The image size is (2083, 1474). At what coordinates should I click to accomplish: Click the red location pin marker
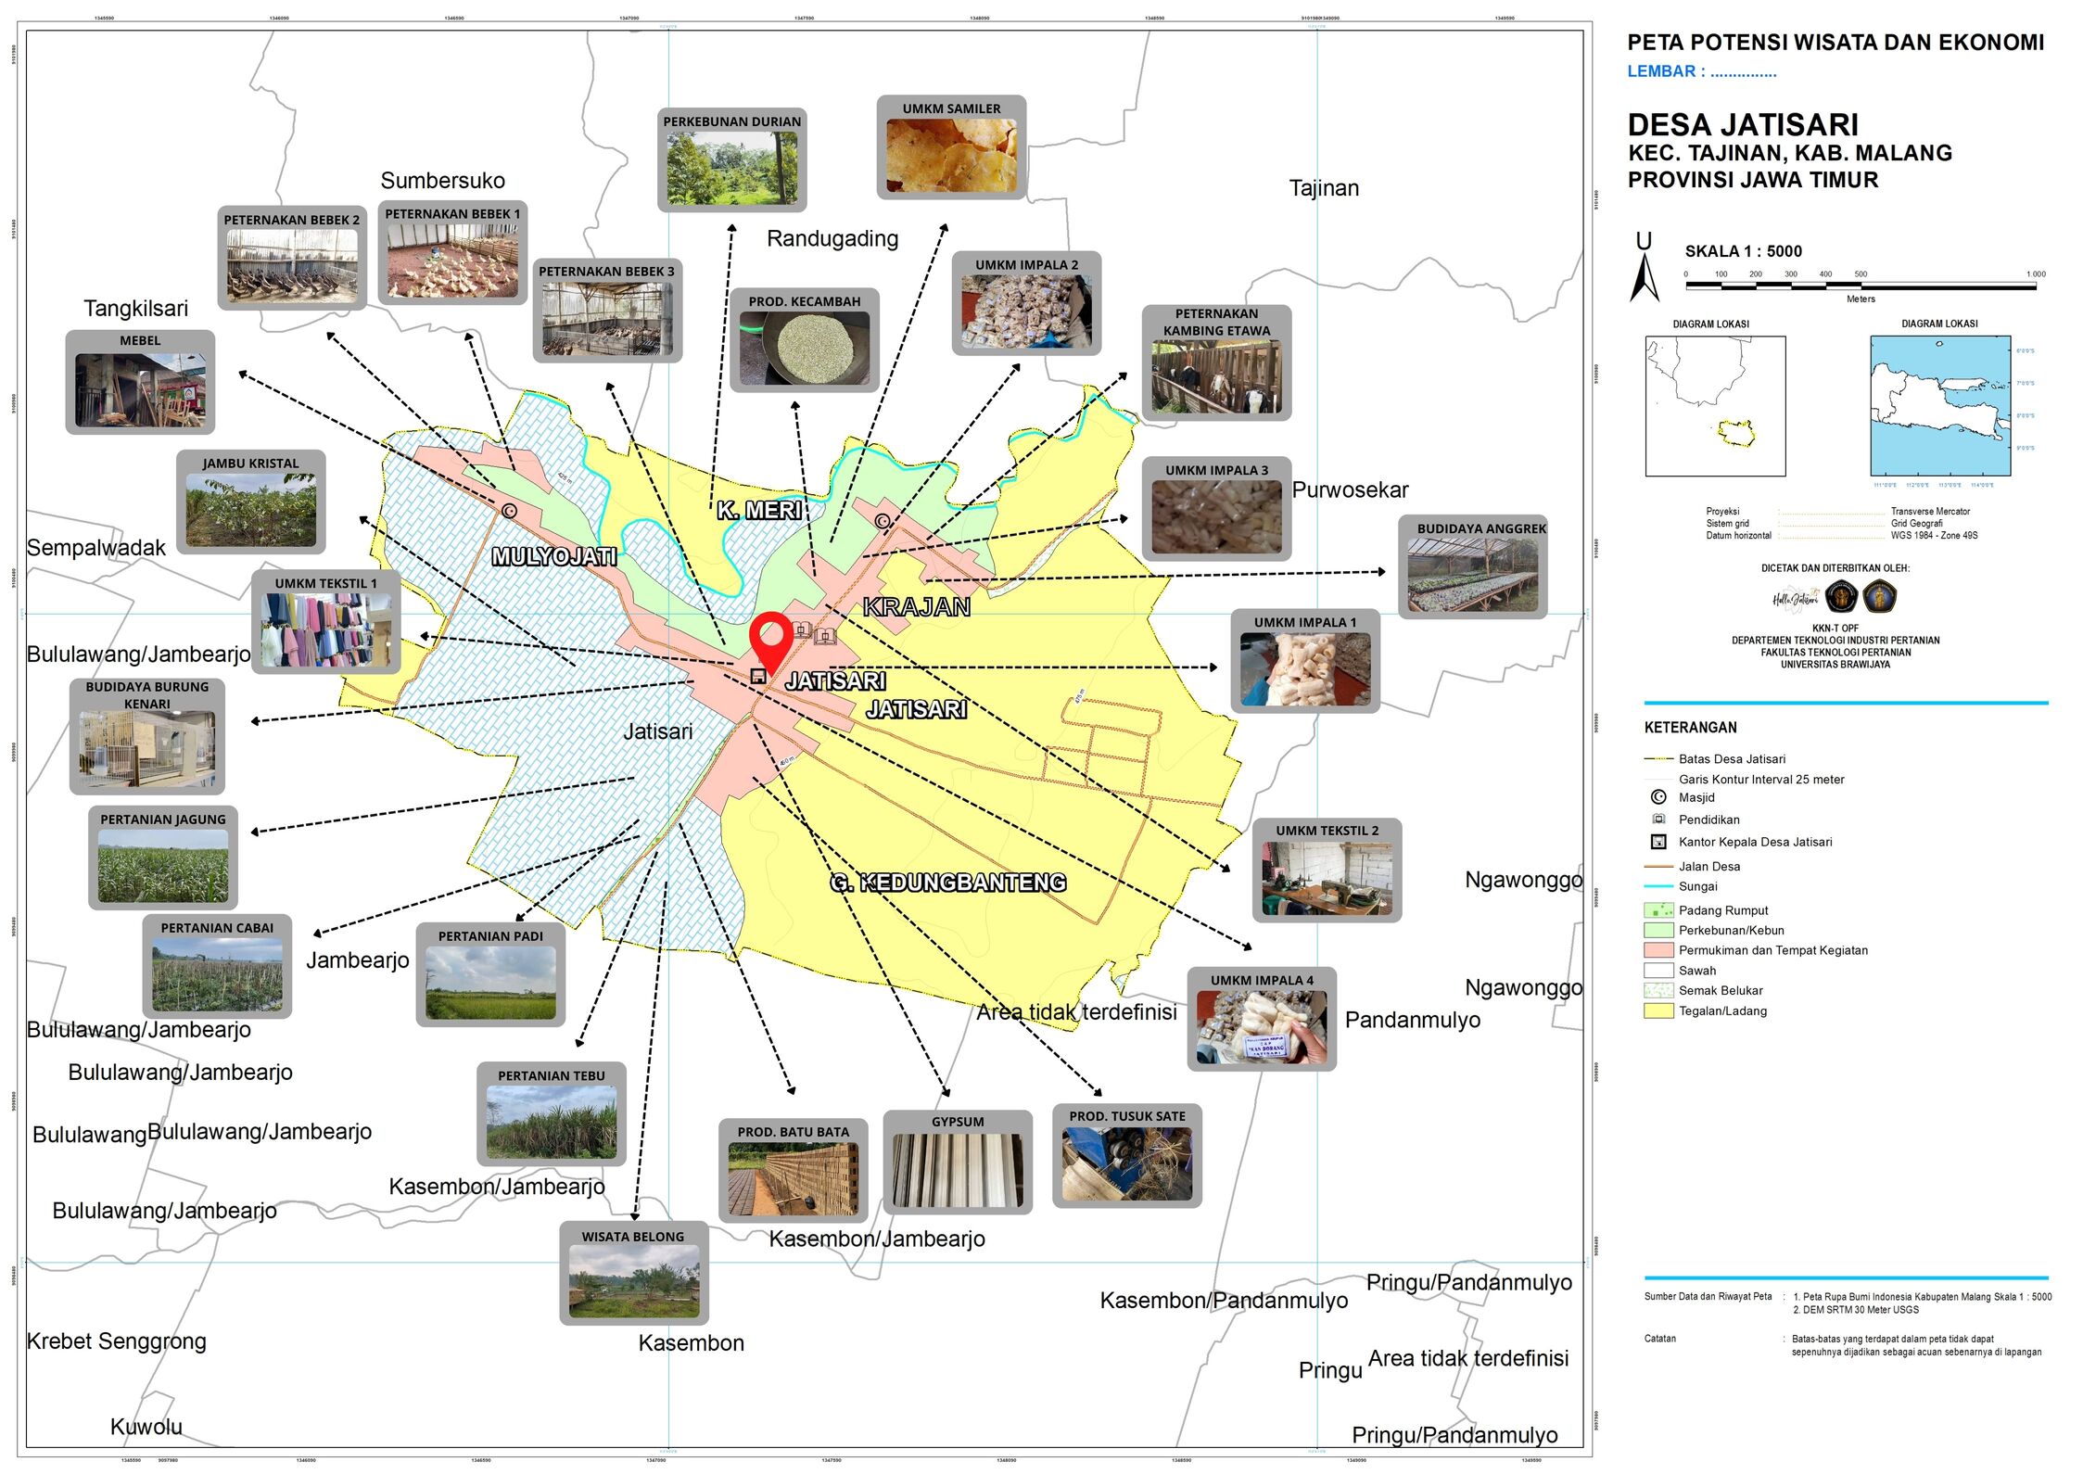(770, 638)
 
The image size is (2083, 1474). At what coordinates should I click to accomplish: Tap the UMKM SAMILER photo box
(951, 147)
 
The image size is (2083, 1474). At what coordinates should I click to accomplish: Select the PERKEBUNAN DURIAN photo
(731, 160)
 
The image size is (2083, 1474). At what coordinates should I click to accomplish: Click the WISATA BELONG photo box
(633, 1273)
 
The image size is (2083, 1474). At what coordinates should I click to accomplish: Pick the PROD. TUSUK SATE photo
(1126, 1156)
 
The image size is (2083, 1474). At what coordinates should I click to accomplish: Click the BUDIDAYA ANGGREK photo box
(1472, 566)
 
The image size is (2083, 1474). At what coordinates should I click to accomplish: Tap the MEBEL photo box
(140, 382)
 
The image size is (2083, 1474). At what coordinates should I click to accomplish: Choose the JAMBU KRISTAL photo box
(250, 502)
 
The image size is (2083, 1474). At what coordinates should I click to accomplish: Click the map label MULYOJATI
(553, 556)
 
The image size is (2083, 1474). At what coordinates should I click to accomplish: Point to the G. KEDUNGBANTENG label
(947, 883)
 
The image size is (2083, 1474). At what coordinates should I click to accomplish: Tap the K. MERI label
(758, 510)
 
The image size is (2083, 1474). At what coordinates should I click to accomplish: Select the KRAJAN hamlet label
(916, 607)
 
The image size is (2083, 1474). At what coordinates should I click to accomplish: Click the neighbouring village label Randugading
(832, 239)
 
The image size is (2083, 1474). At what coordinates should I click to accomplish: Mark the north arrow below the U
(1644, 277)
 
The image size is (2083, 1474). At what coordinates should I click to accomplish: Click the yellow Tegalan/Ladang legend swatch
(1658, 1011)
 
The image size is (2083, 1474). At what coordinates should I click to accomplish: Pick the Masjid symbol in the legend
(1658, 797)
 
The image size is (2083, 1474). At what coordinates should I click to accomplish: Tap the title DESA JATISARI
(1743, 125)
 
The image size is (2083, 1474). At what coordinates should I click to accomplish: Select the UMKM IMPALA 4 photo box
(1261, 1020)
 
